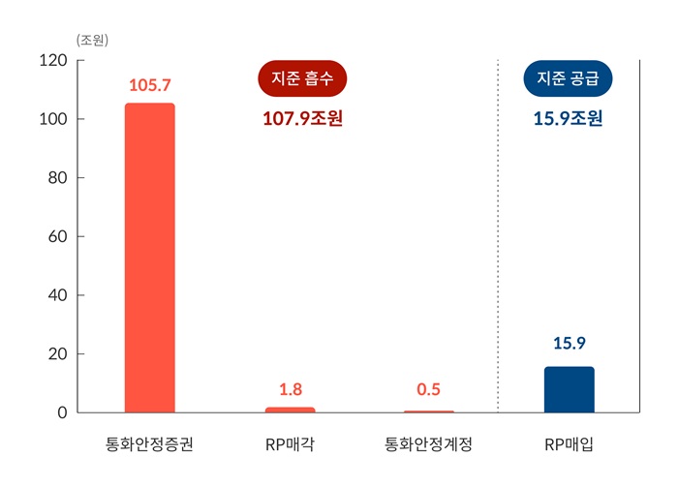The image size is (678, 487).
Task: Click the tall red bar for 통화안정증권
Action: [x=150, y=258]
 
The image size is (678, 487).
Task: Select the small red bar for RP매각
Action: [x=291, y=410]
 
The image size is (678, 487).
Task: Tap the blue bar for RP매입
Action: [x=570, y=389]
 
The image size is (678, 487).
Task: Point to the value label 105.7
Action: [x=150, y=86]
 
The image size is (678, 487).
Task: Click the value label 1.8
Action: [x=291, y=389]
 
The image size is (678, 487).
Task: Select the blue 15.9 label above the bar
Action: [x=570, y=343]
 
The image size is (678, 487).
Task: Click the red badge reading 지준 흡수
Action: [x=302, y=78]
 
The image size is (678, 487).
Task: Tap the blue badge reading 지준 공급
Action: [x=569, y=78]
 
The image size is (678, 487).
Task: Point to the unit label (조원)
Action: [x=93, y=40]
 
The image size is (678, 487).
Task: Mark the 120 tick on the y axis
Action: [x=53, y=61]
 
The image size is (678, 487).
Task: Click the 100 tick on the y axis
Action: [x=53, y=119]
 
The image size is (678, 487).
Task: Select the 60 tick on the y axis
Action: [x=57, y=236]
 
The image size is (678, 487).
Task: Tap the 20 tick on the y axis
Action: [x=57, y=353]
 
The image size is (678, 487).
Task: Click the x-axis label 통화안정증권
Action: [x=150, y=446]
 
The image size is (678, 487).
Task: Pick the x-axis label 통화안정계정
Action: [x=428, y=446]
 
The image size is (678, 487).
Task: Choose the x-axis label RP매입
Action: [x=570, y=446]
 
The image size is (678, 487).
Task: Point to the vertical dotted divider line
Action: [x=498, y=242]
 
